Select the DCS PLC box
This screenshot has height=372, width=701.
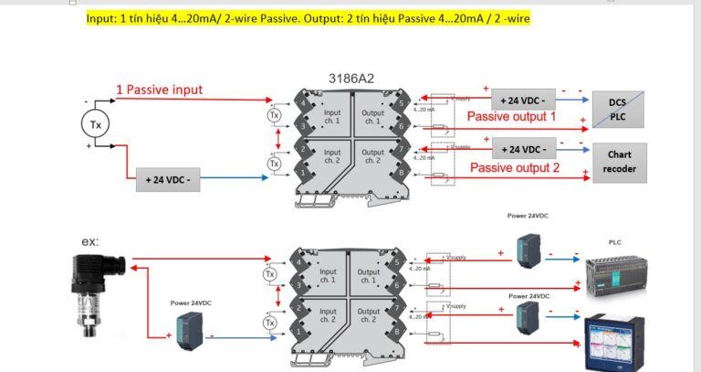pos(618,110)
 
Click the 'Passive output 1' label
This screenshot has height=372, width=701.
pos(511,117)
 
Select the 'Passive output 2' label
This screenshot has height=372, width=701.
pos(514,167)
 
